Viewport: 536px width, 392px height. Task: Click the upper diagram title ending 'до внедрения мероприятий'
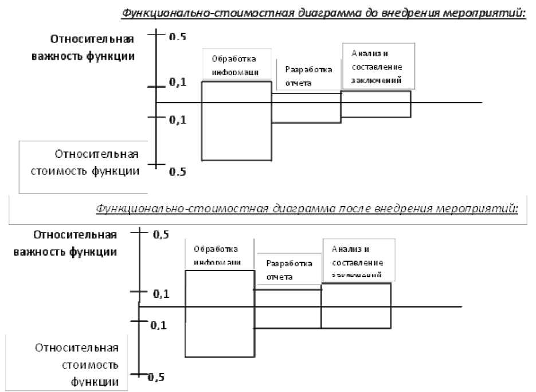323,13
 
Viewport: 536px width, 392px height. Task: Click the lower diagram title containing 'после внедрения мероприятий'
307,209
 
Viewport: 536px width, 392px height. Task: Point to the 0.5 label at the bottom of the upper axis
178,172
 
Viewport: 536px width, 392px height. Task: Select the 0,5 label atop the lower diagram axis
161,234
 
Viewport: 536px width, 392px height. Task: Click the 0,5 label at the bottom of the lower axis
157,377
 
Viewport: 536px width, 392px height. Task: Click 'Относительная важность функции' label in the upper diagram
92,48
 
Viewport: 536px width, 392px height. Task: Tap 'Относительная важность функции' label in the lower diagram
75,243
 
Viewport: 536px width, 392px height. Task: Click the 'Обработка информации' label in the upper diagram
234,65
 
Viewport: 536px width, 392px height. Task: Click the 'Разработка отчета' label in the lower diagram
289,270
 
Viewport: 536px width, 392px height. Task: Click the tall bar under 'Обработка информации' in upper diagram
236,121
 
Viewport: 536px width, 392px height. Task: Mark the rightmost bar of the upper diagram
375,104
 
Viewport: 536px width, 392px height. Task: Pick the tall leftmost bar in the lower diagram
220,313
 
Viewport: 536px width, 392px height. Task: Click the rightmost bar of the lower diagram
356,306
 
